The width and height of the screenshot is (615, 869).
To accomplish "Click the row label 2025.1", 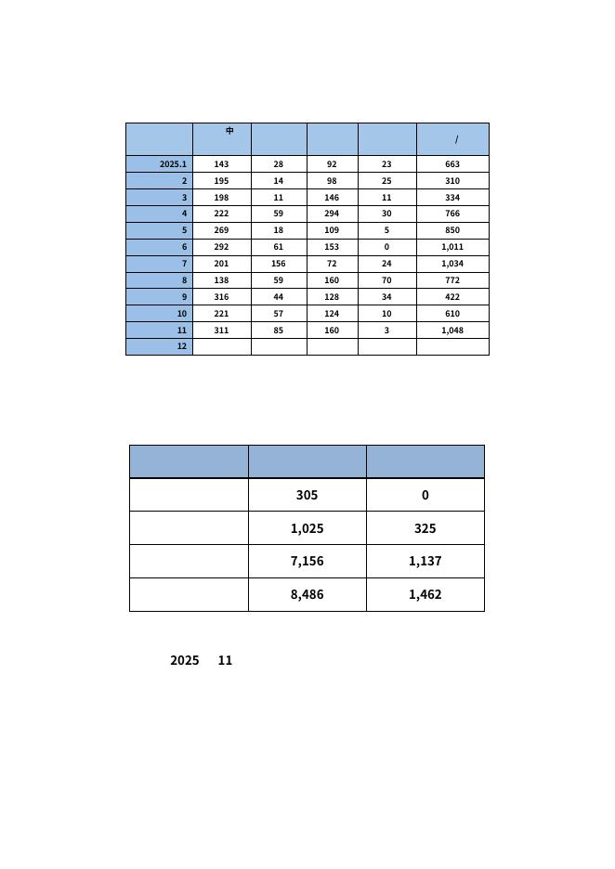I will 173,164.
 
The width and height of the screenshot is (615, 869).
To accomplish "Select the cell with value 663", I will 452,164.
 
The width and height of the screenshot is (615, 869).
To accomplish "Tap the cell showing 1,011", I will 452,247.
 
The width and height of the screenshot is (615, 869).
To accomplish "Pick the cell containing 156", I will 279,264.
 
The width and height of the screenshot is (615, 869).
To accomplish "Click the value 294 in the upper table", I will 332,214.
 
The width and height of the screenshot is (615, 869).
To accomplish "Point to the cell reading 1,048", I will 452,331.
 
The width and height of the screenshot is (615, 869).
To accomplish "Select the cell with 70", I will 386,280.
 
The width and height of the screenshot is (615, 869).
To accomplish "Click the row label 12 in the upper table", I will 182,346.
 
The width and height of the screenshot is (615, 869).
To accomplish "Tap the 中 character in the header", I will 229,131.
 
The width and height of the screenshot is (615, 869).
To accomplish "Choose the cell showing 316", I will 221,297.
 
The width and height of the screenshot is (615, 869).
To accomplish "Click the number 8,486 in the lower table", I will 307,594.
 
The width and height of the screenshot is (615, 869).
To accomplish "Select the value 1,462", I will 425,594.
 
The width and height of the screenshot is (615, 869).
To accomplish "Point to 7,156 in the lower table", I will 307,561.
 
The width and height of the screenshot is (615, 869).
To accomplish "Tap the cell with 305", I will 307,495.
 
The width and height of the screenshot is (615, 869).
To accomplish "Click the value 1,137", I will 425,561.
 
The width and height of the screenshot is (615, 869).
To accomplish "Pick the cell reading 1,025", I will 307,528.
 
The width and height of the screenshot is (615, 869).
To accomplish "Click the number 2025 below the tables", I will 184,660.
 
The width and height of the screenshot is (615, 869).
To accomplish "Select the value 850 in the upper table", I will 452,230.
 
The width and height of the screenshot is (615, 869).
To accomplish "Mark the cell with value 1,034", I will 452,264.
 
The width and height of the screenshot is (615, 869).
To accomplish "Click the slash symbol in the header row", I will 456,140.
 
